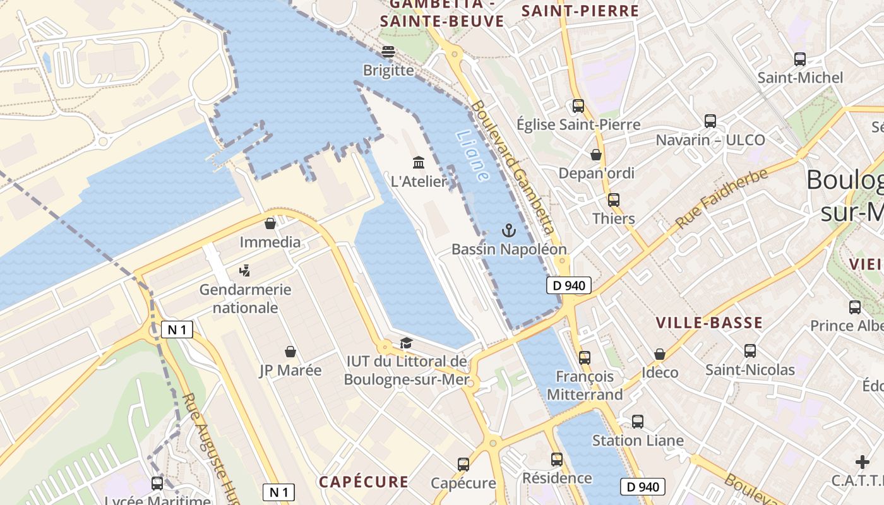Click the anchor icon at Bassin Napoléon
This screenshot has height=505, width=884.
[x=509, y=230]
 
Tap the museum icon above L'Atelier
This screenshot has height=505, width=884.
[x=419, y=163]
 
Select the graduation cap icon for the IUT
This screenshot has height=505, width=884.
[x=406, y=343]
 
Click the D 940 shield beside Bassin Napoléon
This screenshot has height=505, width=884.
[x=568, y=285]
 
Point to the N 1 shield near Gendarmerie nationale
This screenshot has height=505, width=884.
[x=176, y=329]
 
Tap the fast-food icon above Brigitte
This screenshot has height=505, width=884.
[x=388, y=51]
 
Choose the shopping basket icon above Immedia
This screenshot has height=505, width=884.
[x=270, y=223]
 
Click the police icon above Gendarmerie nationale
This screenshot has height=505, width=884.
[x=245, y=271]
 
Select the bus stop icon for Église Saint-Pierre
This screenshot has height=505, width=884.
[x=578, y=106]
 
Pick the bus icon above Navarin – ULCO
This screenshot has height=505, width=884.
[x=710, y=121]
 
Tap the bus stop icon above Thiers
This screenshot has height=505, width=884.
[x=614, y=200]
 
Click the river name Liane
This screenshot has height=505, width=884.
[x=472, y=156]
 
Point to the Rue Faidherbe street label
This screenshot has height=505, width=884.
[x=721, y=198]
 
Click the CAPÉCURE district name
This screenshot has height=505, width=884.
[x=364, y=482]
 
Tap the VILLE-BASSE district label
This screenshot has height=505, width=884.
[x=709, y=323]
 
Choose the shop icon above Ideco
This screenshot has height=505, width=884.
[x=660, y=354]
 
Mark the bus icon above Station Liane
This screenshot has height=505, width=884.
[x=638, y=422]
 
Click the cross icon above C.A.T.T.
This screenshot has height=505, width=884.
[x=863, y=462]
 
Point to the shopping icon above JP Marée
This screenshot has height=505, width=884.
[x=290, y=352]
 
